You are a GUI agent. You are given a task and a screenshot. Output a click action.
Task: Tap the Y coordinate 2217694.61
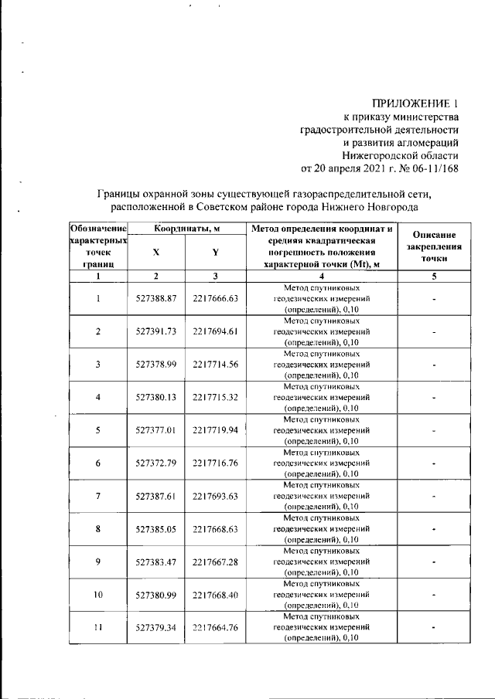coord(216,331)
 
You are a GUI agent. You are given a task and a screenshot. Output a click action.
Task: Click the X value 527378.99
coord(157,364)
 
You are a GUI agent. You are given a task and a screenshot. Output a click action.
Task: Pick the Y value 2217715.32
coord(216,397)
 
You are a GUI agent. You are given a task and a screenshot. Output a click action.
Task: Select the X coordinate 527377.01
coord(157,429)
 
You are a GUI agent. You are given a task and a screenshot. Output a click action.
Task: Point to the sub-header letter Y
coord(216,253)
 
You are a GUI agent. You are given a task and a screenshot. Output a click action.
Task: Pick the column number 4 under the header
coord(321,276)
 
